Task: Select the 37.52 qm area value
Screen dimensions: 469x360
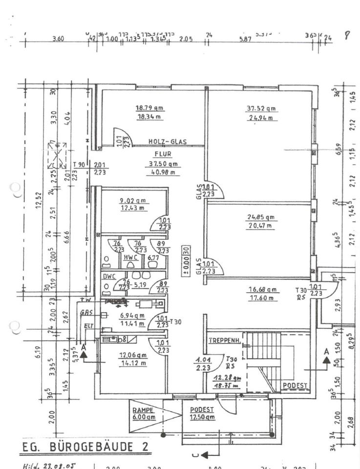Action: point(260,108)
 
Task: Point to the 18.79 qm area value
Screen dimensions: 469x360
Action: point(149,108)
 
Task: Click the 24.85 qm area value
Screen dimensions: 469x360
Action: point(261,217)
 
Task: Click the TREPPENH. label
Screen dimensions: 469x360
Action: point(222,340)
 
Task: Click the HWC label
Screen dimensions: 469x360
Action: point(130,257)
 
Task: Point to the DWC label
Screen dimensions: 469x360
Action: point(108,276)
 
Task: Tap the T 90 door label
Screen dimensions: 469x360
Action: point(78,164)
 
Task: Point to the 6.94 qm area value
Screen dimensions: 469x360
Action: point(133,317)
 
